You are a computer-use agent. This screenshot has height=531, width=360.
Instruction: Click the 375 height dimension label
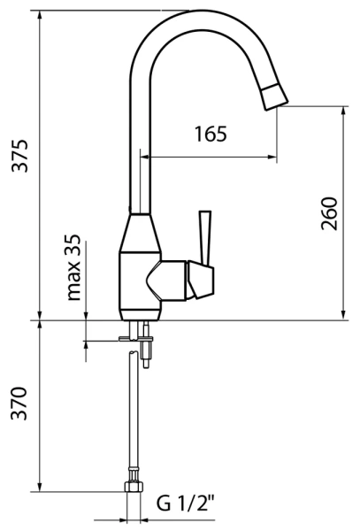[x=20, y=156]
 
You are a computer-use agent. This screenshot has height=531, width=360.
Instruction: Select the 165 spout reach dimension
[x=210, y=135]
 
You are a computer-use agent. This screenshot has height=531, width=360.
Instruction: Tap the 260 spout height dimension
[x=329, y=213]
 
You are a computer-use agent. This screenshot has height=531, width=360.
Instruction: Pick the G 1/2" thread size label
[x=186, y=505]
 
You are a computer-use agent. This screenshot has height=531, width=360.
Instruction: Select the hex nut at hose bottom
[x=133, y=488]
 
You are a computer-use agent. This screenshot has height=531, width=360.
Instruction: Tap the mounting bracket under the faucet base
[x=135, y=339]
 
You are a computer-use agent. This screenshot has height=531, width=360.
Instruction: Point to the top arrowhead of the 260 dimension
[x=342, y=112]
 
